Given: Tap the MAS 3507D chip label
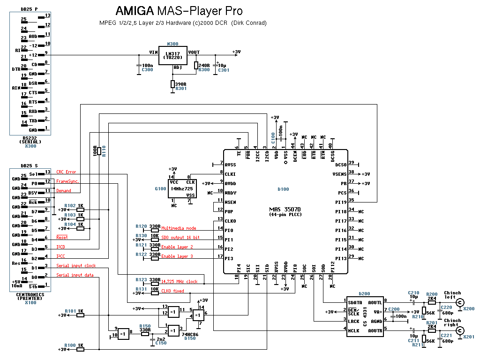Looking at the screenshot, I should [x=285, y=209].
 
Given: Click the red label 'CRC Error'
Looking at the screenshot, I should [x=66, y=172].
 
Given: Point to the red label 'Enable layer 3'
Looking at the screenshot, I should [x=177, y=256].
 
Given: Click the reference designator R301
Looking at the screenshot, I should [x=180, y=88].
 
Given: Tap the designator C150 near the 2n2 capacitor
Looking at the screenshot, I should [x=161, y=343].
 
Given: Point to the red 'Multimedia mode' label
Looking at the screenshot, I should [x=179, y=228].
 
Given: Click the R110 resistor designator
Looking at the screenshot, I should [x=104, y=150].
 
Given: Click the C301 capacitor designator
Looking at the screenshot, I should [x=224, y=70].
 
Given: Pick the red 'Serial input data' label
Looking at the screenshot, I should [x=75, y=275].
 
